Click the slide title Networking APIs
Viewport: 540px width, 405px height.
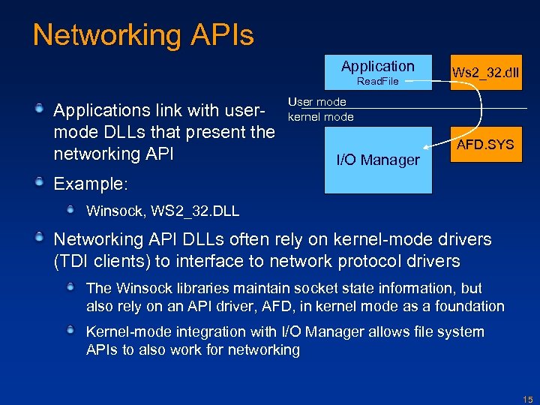[x=143, y=35]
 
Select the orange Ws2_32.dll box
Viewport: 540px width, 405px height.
[x=486, y=73]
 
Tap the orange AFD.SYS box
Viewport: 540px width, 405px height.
[x=486, y=144]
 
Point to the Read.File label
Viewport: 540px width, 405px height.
[x=377, y=81]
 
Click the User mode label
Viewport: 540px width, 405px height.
[x=317, y=101]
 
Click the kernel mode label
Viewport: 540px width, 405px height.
[x=321, y=117]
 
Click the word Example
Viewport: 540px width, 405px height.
[x=90, y=184]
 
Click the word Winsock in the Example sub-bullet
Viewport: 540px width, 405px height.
[x=112, y=211]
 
